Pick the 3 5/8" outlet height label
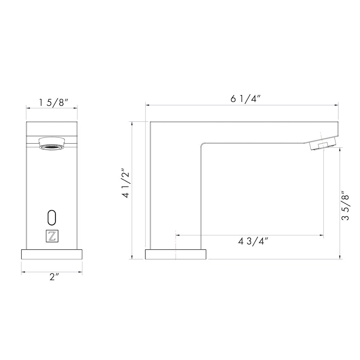pos(345,206)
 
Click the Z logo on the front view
pos(52,236)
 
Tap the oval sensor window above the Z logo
pos(52,217)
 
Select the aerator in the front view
pos(52,143)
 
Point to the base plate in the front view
pos(52,254)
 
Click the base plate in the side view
pos(176,254)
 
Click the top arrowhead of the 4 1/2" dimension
pos(133,123)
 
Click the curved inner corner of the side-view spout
pos(202,144)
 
